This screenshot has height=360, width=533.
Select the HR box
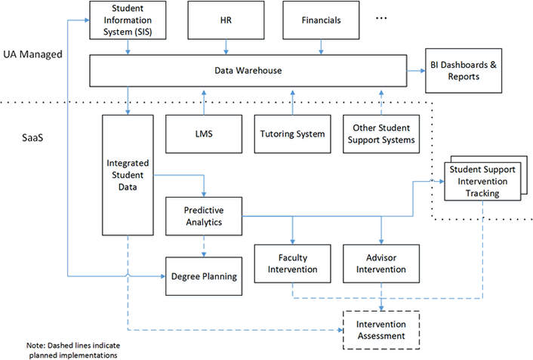[225, 20]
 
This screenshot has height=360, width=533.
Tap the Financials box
[321, 20]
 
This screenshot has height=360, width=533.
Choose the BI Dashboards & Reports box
[463, 71]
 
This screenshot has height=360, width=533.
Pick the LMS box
[203, 134]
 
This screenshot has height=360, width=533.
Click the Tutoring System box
[291, 134]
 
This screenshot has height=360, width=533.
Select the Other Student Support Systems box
[380, 134]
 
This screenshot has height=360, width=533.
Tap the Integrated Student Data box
[127, 174]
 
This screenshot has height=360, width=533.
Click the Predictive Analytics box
[204, 216]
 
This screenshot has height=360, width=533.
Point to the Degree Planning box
[204, 276]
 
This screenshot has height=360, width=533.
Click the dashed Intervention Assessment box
[381, 330]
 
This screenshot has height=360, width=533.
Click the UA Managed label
[32, 54]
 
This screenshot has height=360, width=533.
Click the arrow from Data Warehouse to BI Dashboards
[415, 71]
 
